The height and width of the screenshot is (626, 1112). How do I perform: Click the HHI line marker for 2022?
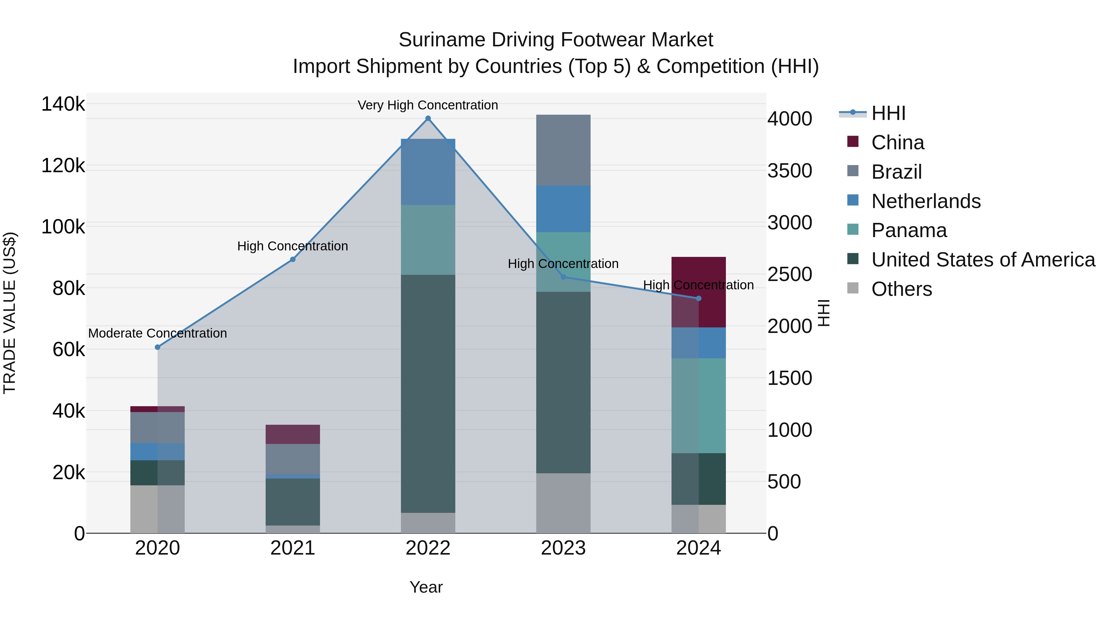[x=428, y=118]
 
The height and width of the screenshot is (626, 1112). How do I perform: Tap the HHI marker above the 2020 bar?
[x=158, y=347]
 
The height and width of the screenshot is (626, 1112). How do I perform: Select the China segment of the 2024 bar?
[x=698, y=292]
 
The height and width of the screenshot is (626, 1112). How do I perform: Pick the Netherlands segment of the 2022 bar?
[x=428, y=172]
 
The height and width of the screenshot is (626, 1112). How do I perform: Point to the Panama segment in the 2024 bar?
[x=698, y=406]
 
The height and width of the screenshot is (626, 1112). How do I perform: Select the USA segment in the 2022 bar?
[x=428, y=394]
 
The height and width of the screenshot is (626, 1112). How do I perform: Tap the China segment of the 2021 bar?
[x=293, y=434]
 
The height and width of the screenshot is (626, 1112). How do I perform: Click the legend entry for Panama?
[x=909, y=230]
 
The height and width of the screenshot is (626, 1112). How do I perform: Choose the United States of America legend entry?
[x=983, y=260]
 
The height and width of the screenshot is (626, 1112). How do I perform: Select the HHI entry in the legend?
[x=888, y=113]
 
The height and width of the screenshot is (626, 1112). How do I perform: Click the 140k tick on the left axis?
[x=63, y=104]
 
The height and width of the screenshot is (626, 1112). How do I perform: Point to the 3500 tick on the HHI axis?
[x=790, y=171]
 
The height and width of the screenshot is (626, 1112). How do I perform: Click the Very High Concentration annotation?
[x=428, y=105]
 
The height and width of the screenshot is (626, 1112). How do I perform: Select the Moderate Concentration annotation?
[x=158, y=333]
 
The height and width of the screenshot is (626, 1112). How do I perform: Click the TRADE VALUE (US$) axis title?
[x=10, y=313]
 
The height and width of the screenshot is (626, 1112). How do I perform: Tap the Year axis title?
[x=426, y=587]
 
